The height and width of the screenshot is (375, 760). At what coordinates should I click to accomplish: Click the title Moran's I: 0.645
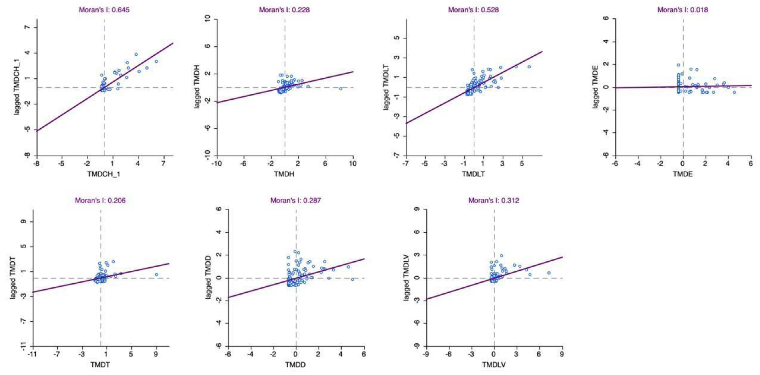click(x=104, y=10)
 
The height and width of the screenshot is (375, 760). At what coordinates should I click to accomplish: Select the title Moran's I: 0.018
click(x=682, y=10)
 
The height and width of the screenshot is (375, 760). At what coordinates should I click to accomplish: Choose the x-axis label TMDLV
click(x=494, y=365)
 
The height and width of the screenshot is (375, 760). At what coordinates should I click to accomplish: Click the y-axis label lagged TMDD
click(x=208, y=277)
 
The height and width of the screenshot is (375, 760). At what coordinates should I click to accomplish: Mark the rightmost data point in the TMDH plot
click(x=341, y=88)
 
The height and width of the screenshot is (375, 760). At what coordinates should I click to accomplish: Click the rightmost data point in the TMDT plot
click(x=156, y=275)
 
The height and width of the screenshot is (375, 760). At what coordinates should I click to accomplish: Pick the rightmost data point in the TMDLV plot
click(x=549, y=273)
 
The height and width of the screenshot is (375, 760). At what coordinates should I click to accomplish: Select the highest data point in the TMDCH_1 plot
click(x=136, y=54)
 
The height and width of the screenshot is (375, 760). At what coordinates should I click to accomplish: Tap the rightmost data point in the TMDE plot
click(x=734, y=92)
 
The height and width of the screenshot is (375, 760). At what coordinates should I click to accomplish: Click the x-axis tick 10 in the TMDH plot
click(x=353, y=164)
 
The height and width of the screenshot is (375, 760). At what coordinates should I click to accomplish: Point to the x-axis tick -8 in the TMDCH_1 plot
click(x=37, y=164)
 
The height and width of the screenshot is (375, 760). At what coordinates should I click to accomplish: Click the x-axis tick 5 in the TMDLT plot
click(x=522, y=164)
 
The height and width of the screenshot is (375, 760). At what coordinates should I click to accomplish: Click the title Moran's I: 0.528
click(x=473, y=10)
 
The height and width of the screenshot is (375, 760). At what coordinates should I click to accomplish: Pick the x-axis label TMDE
click(x=683, y=174)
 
